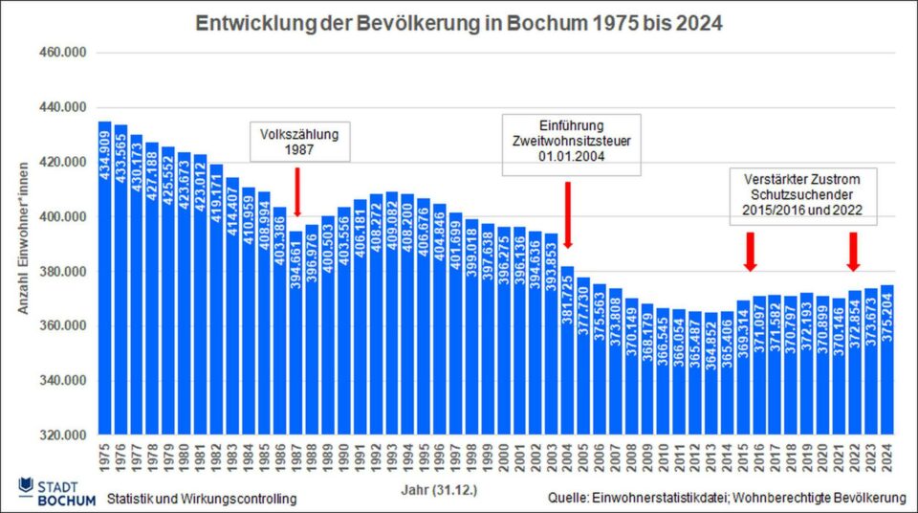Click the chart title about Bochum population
(x=459, y=22)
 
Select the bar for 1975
(x=105, y=278)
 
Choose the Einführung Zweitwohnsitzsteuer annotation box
(x=572, y=143)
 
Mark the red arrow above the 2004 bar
(x=568, y=212)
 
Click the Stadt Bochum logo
(x=56, y=491)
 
